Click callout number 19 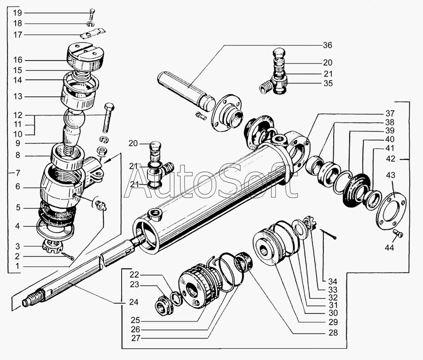point(17,13)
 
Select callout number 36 point(327,45)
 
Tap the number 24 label point(134,302)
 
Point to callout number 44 point(390,247)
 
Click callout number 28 point(333,333)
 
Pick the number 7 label point(18,172)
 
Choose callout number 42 point(391,158)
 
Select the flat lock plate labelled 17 point(93,34)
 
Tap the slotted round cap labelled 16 point(85,58)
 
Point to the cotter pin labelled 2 point(67,256)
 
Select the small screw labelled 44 point(399,233)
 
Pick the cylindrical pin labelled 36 point(186,91)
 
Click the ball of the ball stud point(74,118)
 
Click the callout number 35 point(328,83)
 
